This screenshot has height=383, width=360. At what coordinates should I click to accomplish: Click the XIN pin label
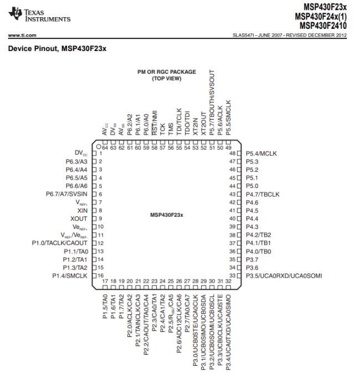tap(83, 211)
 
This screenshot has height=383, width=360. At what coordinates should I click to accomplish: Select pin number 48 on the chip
tap(233, 153)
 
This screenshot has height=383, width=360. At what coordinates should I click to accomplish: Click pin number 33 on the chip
tap(233, 276)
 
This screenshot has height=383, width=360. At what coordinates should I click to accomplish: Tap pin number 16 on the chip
tap(101, 275)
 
